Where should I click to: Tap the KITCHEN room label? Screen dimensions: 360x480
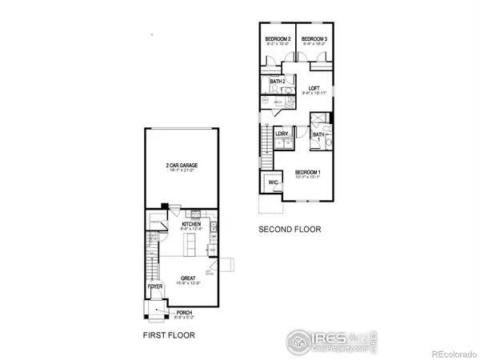189,225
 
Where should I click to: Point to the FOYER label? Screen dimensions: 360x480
155,286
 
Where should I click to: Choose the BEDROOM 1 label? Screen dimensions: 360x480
308,173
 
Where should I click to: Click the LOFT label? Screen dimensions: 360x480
314,89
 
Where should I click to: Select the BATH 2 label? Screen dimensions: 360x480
278,82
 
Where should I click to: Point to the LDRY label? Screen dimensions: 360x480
282,134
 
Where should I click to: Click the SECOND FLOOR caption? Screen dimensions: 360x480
289,230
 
